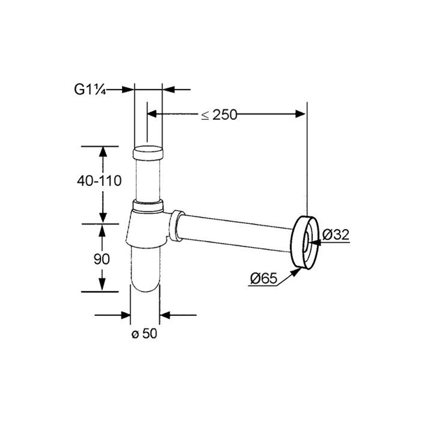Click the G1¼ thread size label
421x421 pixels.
point(89,89)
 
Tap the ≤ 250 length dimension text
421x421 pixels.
point(219,115)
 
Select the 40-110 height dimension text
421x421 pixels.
point(99,181)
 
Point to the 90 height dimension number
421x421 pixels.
point(102,259)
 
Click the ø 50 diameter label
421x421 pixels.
point(144,333)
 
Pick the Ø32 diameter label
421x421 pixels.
point(336,234)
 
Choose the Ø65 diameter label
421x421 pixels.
point(263,278)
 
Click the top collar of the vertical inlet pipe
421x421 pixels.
point(148,153)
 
